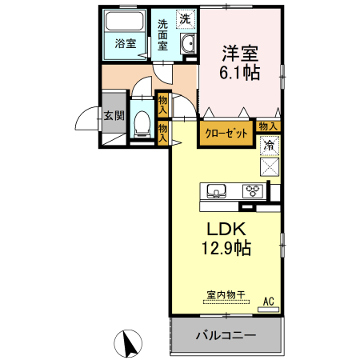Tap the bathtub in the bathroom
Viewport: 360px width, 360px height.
124,23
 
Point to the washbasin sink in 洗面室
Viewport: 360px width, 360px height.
188,46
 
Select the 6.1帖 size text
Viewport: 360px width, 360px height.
240,72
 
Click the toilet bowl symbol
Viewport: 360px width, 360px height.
142,122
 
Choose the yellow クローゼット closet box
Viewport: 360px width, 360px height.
225,134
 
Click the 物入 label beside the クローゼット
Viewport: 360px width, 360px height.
269,126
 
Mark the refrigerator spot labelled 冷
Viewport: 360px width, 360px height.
270,146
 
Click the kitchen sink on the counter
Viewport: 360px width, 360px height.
217,190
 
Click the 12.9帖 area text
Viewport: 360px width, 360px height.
227,249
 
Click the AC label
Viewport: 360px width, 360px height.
269,301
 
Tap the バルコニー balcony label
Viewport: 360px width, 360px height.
226,335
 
